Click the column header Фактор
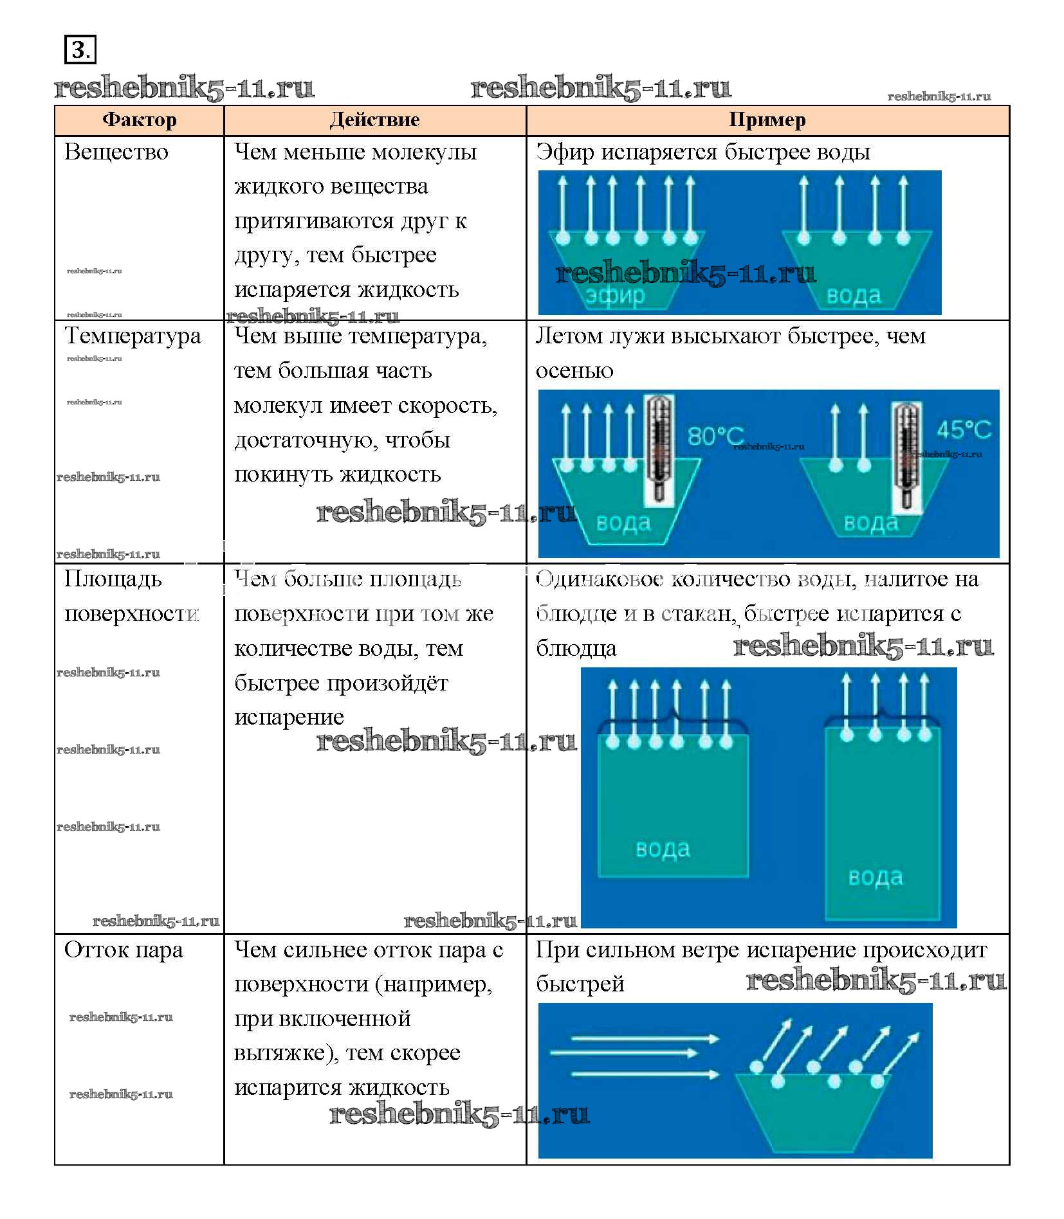[x=139, y=120]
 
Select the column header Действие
[x=374, y=120]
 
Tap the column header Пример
[x=767, y=120]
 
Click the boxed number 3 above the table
[x=80, y=50]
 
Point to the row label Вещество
[x=116, y=152]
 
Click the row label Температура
[x=133, y=336]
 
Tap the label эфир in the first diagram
[x=615, y=296]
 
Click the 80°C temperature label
[x=715, y=436]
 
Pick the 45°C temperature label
[x=963, y=429]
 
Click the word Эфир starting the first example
[x=564, y=152]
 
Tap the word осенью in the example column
[x=574, y=371]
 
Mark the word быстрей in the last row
[x=580, y=984]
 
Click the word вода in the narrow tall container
[x=876, y=877]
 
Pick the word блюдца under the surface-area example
[x=576, y=649]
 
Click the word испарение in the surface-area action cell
[x=289, y=718]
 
